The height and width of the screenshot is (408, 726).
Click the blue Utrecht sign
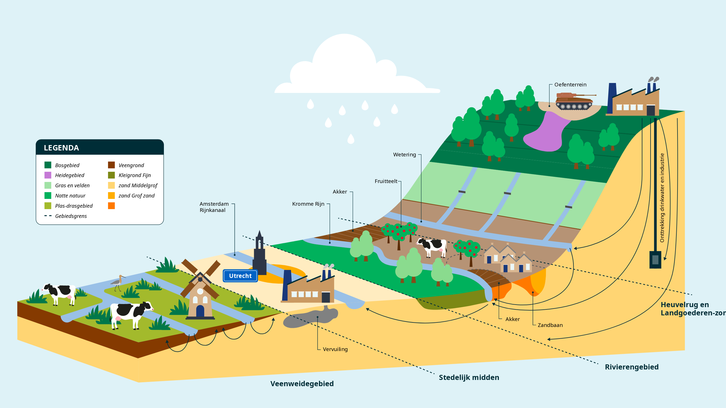pos(240,276)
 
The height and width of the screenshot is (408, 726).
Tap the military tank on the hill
pos(574,101)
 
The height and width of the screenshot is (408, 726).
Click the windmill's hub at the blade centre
pos(200,279)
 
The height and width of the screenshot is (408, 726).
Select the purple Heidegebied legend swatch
pos(48,175)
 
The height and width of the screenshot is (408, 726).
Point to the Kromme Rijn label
pos(308,204)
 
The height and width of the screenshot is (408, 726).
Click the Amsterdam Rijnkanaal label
pos(214,207)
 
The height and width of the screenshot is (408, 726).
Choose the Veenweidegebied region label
pos(302,384)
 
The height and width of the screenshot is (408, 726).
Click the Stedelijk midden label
pos(469,377)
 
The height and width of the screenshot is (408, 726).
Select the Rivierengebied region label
pos(632,367)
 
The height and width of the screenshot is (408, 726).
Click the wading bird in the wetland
pos(118,282)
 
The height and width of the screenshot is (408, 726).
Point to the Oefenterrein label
pos(570,85)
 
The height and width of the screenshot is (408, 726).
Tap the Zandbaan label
pos(550,325)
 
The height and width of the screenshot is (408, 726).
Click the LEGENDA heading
pos(61,148)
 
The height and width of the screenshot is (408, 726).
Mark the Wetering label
pos(404,155)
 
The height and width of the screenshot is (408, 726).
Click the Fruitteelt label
pos(386,181)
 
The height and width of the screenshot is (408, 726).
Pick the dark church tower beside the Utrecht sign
pos(259,255)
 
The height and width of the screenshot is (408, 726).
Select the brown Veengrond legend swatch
pos(111,165)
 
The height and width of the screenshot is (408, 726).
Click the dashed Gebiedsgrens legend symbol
pos(48,216)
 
